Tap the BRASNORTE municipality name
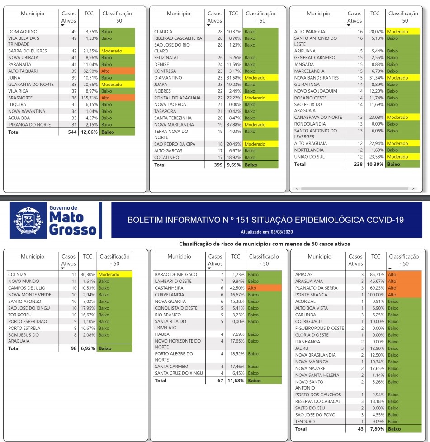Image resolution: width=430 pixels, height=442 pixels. tap(21, 98)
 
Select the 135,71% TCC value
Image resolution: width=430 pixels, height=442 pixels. tap(89, 98)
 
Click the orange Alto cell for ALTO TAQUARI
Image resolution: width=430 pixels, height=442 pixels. tap(117, 71)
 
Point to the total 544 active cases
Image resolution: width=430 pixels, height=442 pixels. tap(71, 132)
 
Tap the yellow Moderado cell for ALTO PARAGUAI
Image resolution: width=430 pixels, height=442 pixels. tap(403, 32)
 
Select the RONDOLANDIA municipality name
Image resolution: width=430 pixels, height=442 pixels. tap(310, 124)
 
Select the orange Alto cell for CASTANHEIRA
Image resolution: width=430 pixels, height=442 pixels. tap(264, 288)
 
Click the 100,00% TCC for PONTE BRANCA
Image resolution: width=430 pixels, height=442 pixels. tap(374, 295)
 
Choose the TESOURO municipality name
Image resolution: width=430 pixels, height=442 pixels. tap(305, 422)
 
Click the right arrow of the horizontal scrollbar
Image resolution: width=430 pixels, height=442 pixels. tap(413, 188)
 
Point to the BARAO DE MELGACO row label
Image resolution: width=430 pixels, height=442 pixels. tap(176, 274)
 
